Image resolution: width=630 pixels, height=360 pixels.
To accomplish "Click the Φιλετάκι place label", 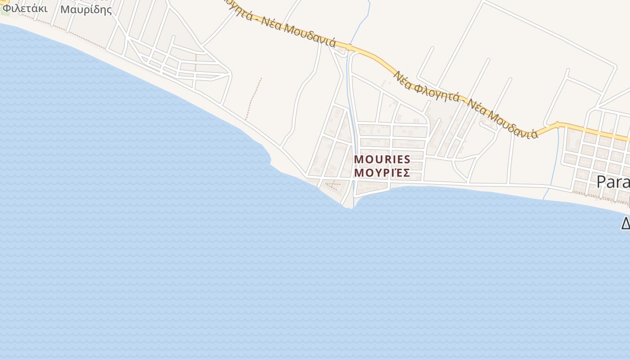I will pos(25,8).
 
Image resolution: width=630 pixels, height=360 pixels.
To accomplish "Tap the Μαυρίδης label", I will pos(86,9).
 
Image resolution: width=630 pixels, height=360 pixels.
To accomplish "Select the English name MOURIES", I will pos(382,159).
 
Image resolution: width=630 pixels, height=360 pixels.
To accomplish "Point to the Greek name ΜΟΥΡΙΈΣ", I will pos(382,173).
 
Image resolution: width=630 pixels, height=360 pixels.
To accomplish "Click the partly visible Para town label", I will pos(613,181).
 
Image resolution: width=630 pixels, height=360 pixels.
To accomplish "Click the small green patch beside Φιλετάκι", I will pos(5,11).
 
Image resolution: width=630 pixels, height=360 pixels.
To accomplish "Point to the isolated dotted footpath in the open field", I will pos(253,99).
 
